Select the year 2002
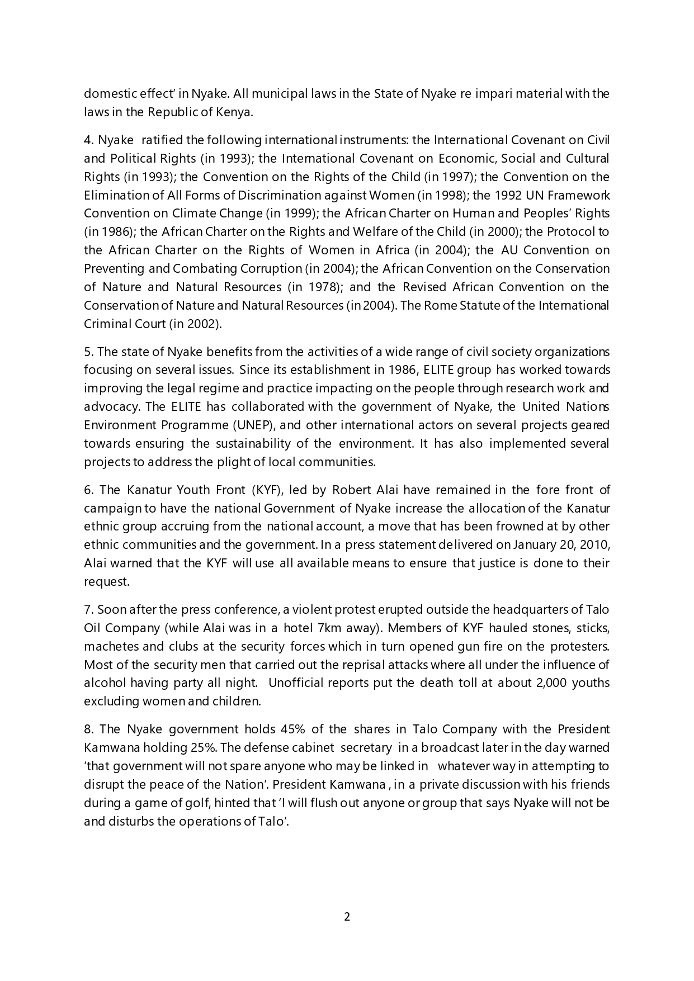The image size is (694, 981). [x=201, y=324]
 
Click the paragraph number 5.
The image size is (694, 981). [x=87, y=352]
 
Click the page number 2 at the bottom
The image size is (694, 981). [x=347, y=917]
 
